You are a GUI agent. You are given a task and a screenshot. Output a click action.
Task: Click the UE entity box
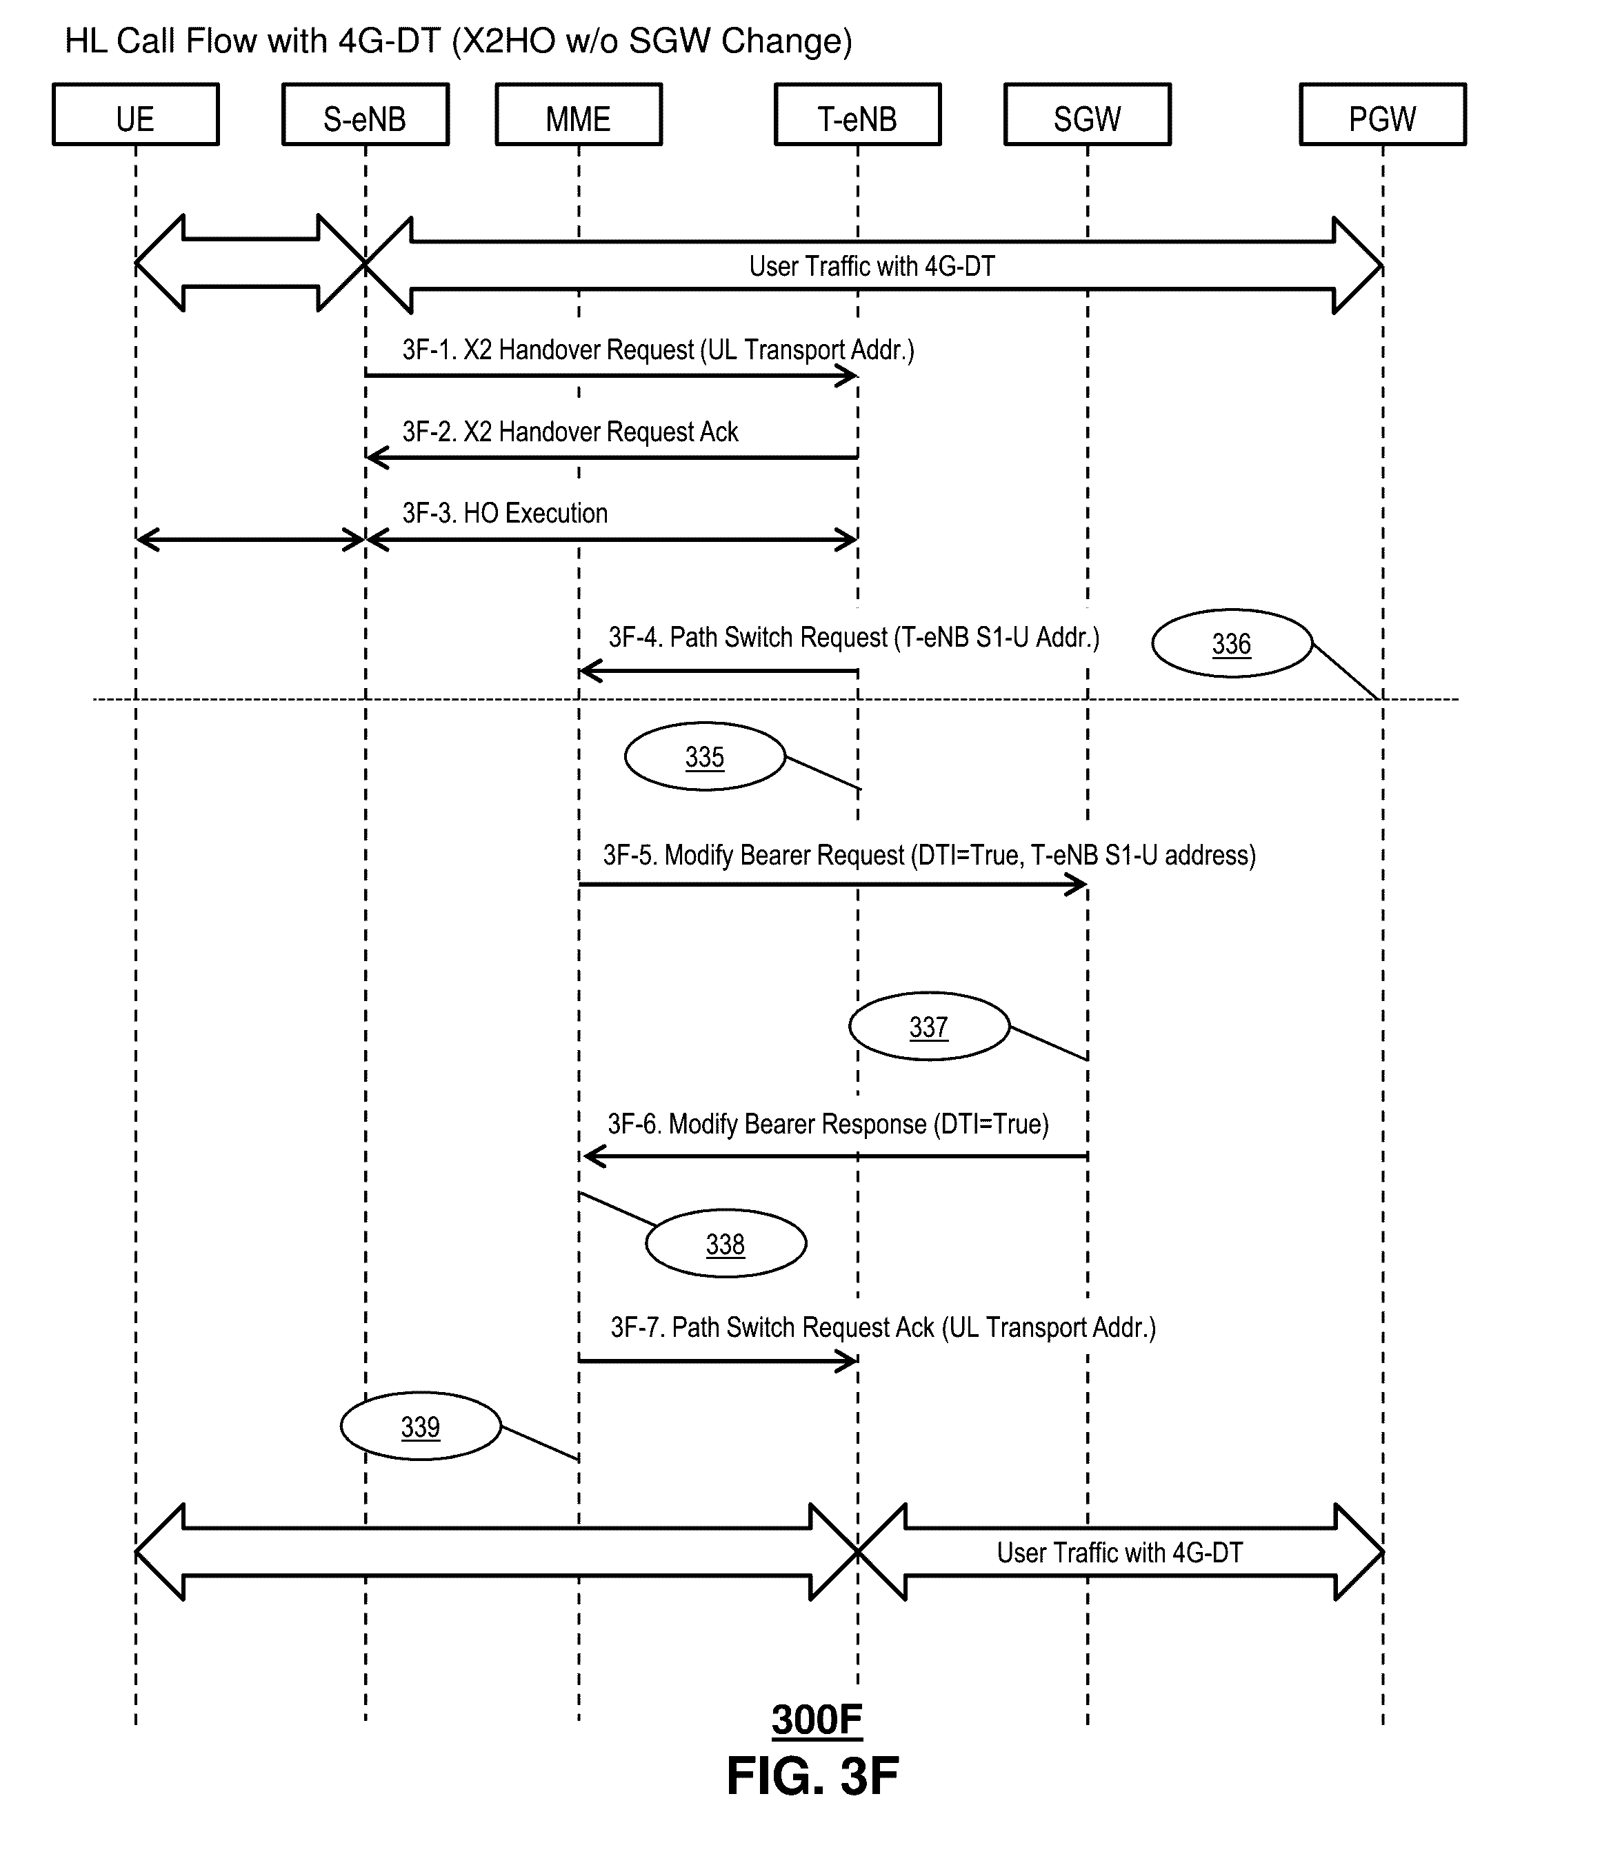tap(135, 114)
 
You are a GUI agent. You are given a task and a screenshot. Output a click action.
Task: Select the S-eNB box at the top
tap(365, 114)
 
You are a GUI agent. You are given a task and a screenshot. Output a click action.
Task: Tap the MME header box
tap(578, 114)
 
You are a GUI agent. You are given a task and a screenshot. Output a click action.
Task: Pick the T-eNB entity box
tap(857, 114)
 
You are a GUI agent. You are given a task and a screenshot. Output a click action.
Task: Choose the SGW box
tap(1088, 114)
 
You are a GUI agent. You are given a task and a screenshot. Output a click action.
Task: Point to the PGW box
tap(1383, 114)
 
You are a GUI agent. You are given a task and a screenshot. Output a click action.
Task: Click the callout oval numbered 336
tap(1231, 643)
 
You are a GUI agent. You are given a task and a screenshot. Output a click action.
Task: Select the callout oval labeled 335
tap(704, 757)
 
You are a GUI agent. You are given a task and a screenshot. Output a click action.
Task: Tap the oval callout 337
tap(929, 1027)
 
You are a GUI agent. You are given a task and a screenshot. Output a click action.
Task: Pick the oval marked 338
tap(726, 1244)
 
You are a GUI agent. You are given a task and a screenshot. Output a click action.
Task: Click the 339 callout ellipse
tap(421, 1427)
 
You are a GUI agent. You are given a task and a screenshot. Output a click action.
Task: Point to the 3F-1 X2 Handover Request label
tap(658, 350)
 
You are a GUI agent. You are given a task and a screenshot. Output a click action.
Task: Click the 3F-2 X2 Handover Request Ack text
tap(570, 432)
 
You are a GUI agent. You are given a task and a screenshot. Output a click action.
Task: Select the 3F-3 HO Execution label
tap(505, 514)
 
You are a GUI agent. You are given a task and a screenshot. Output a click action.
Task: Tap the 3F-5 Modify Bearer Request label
tap(929, 856)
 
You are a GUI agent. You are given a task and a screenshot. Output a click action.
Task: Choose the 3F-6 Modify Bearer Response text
tap(828, 1124)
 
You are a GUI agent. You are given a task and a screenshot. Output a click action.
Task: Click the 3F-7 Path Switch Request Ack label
tap(883, 1327)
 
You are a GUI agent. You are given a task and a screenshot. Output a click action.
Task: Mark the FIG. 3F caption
tap(812, 1776)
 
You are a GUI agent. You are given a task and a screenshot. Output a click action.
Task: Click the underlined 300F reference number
tap(816, 1720)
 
